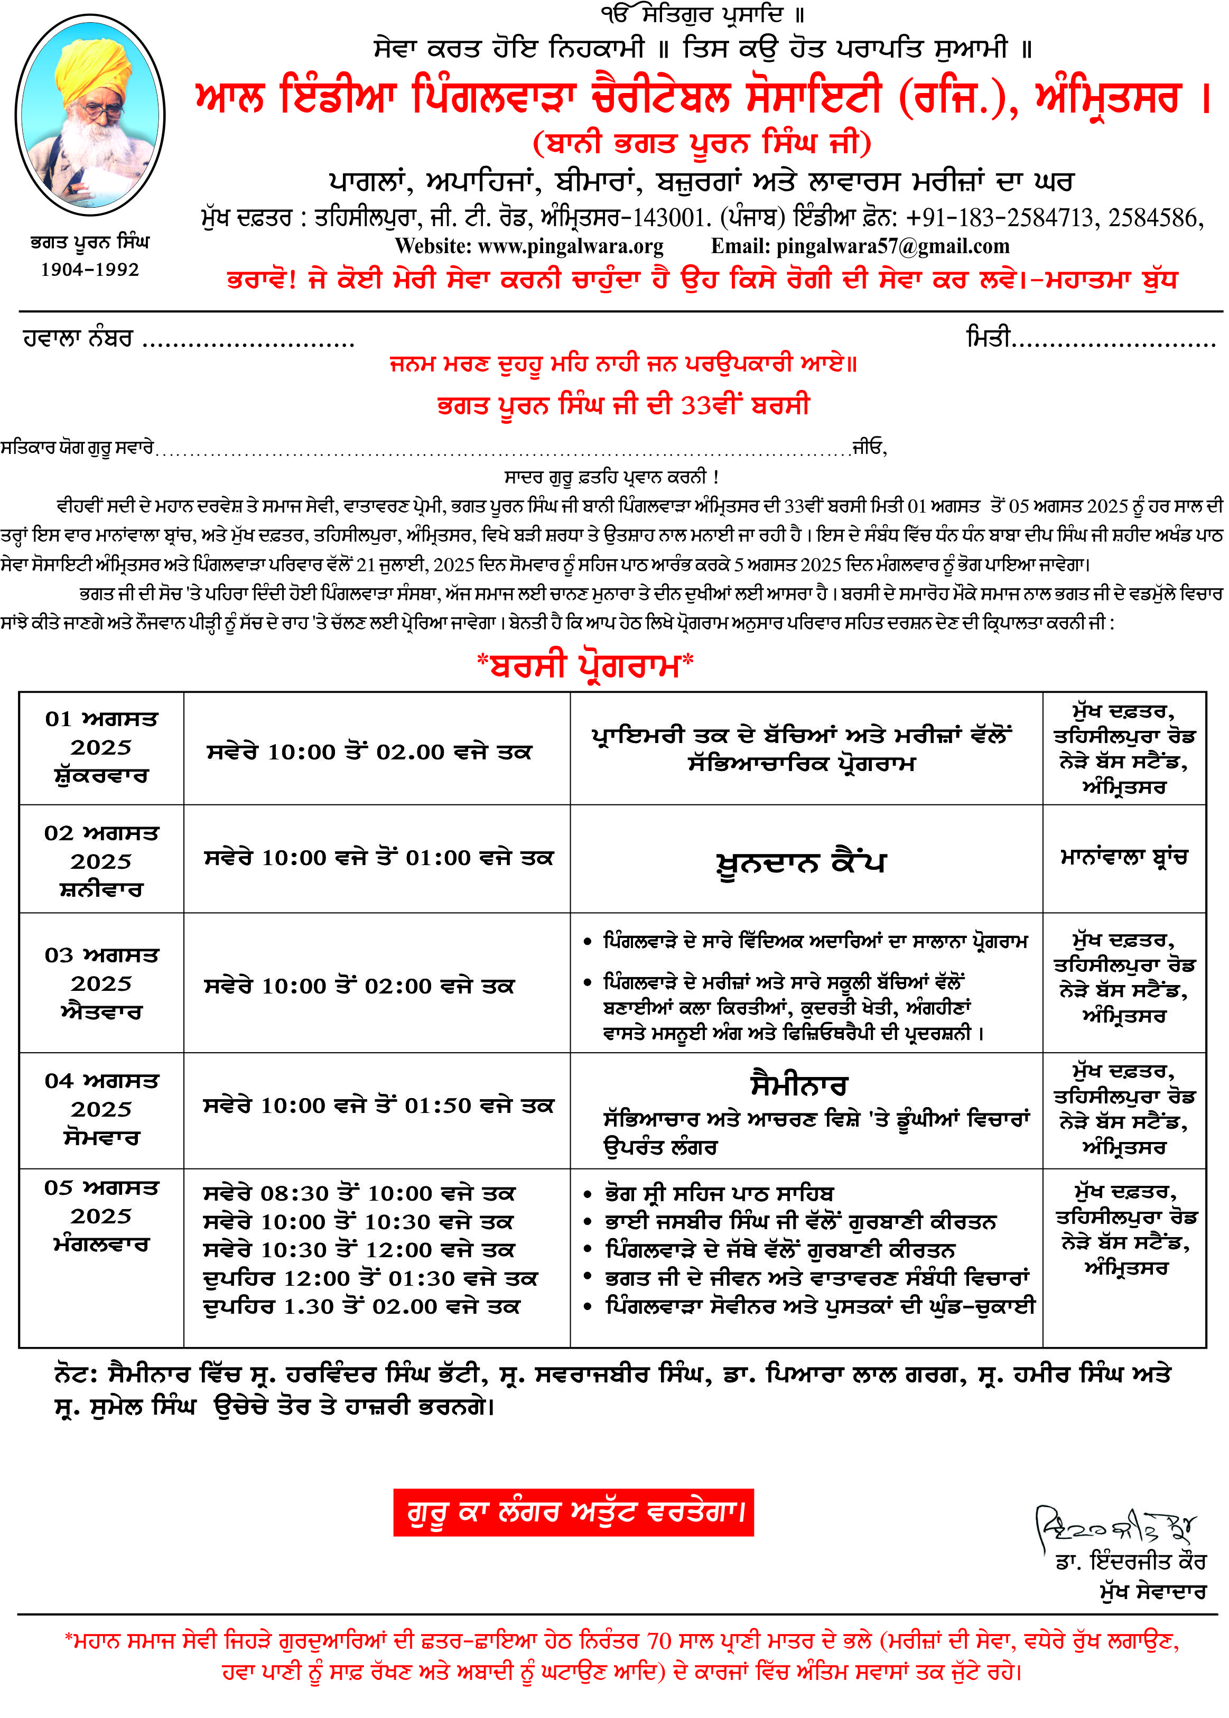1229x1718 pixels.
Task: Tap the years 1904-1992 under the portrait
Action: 89,270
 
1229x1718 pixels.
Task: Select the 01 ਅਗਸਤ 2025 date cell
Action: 101,747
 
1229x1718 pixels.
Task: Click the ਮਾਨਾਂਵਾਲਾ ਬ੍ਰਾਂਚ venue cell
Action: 1124,858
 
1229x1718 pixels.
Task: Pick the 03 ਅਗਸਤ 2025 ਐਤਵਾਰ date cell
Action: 101,983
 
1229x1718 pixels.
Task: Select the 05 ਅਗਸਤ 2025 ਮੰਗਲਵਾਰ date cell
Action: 101,1216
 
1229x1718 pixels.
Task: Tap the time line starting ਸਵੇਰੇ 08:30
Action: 359,1194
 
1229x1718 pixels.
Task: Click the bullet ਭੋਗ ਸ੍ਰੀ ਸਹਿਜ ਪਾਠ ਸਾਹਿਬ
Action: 719,1194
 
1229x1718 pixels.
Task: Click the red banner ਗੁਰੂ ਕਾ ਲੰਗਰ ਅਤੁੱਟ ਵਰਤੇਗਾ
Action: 573,1512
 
